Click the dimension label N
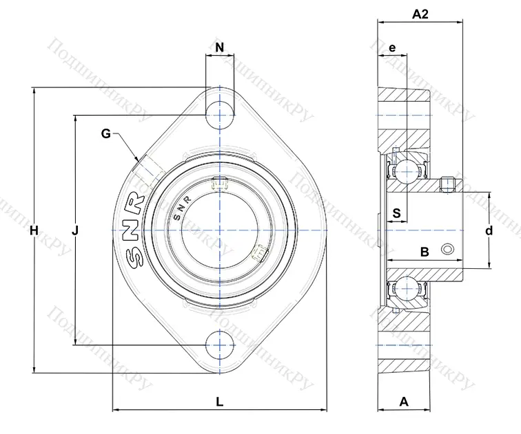point(219,47)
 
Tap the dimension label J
point(75,232)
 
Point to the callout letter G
point(105,133)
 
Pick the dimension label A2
point(420,14)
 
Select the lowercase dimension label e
point(391,47)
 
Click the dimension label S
point(396,213)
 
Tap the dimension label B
point(425,252)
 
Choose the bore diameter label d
point(489,231)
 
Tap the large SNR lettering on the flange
point(134,231)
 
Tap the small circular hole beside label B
point(449,249)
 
